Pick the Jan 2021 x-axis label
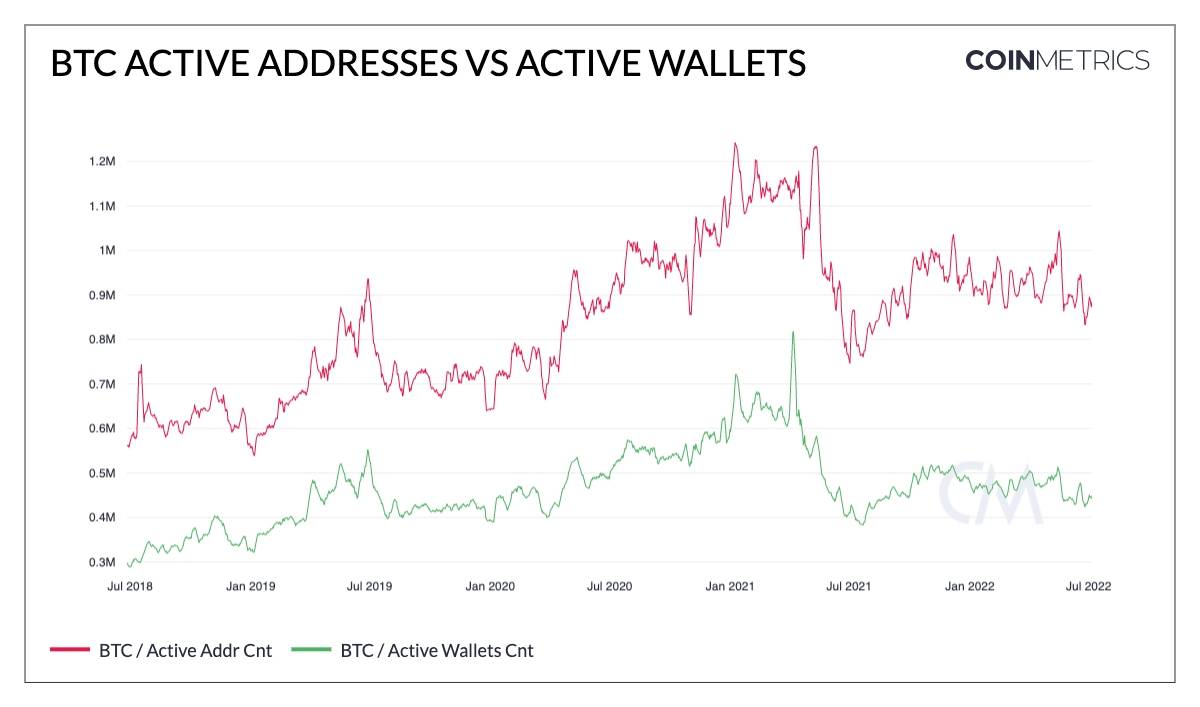(x=728, y=587)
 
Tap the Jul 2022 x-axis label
(x=1089, y=587)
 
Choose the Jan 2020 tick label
(x=489, y=587)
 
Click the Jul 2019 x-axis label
(x=368, y=587)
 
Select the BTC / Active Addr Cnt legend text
(x=186, y=651)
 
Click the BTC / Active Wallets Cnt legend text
(x=437, y=651)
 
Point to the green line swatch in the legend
(x=311, y=651)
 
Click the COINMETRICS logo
(x=1057, y=60)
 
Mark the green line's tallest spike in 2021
(x=793, y=332)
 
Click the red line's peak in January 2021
(x=735, y=144)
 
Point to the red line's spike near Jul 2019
(x=368, y=280)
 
